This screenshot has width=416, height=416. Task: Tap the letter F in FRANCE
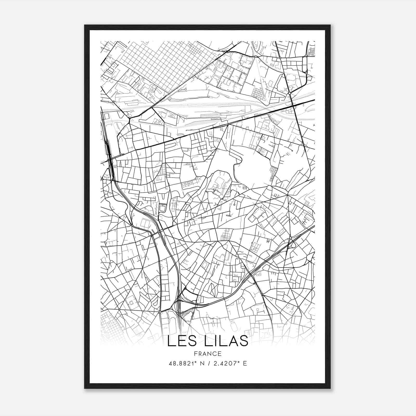click(x=195, y=354)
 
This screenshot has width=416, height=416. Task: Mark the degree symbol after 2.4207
click(x=238, y=362)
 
